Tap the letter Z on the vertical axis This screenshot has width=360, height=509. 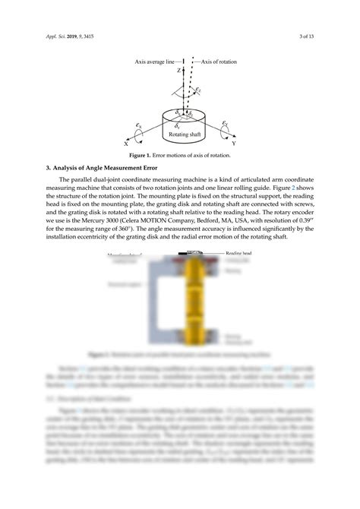pos(180,70)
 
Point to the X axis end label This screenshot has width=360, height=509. pos(126,143)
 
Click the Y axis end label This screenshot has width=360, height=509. pos(234,143)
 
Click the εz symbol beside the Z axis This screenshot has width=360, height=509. pos(198,90)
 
